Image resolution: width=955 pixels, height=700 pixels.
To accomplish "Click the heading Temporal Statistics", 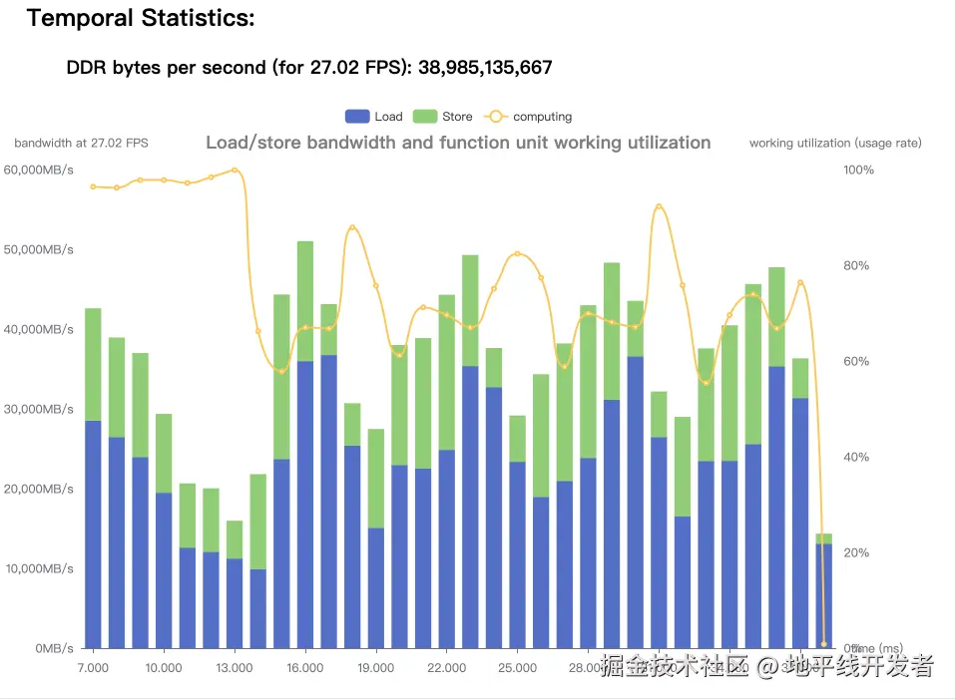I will coord(140,18).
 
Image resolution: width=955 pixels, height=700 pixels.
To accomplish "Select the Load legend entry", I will coord(374,117).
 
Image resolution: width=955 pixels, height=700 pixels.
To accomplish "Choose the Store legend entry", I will coord(443,117).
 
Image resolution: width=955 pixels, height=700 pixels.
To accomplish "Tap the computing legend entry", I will coord(529,117).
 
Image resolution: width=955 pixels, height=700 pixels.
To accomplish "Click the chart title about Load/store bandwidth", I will coord(458,143).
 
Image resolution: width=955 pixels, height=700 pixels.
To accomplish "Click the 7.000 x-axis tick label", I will coord(93,668).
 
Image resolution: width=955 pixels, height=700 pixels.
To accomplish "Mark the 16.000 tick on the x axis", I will coord(305,668).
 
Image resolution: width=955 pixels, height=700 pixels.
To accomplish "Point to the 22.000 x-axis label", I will coord(446,668).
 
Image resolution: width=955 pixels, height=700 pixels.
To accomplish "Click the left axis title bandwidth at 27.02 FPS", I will coord(81,143).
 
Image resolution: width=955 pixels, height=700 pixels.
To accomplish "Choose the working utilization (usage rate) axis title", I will coord(835,143).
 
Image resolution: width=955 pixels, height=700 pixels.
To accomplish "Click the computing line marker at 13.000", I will coord(235,170).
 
